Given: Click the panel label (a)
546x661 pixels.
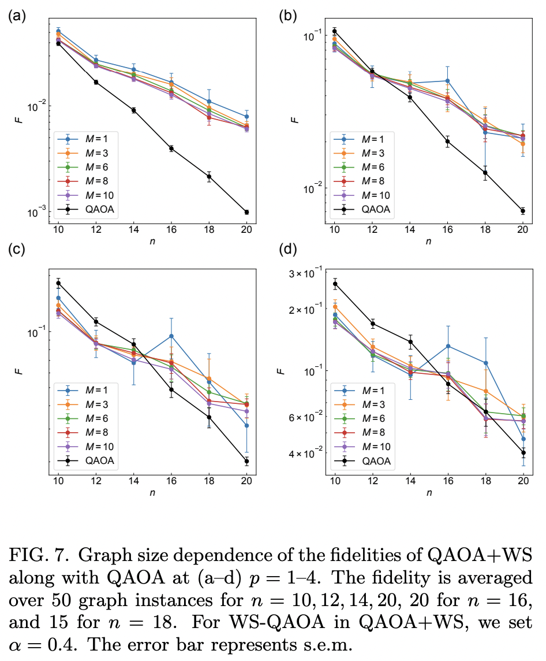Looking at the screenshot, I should pos(16,16).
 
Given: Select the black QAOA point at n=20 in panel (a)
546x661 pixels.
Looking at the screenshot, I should pos(246,212).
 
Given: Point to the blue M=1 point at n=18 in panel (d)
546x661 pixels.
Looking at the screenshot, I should pos(486,363).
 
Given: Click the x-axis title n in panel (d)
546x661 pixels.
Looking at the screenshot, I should pos(429,492).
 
